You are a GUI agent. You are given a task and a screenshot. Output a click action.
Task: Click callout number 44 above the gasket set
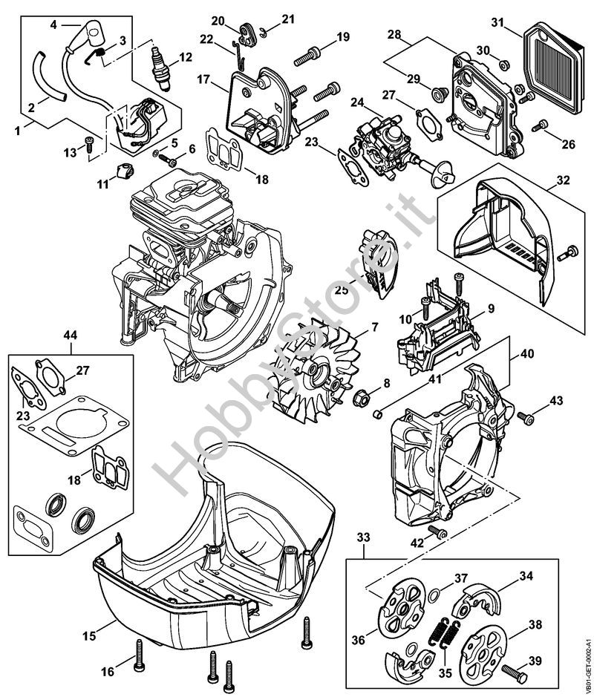click(x=70, y=336)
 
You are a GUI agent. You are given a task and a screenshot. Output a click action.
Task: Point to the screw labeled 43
click(x=529, y=419)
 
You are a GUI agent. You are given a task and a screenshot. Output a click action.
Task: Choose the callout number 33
click(x=363, y=536)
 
